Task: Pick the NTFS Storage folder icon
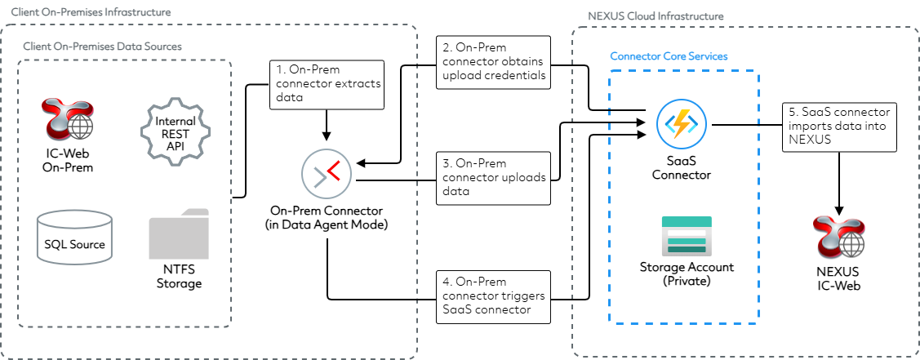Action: point(179,234)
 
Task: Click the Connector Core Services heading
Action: point(669,56)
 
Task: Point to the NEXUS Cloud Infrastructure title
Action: point(655,16)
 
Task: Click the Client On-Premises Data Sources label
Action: point(103,47)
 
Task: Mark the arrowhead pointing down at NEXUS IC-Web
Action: point(839,210)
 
